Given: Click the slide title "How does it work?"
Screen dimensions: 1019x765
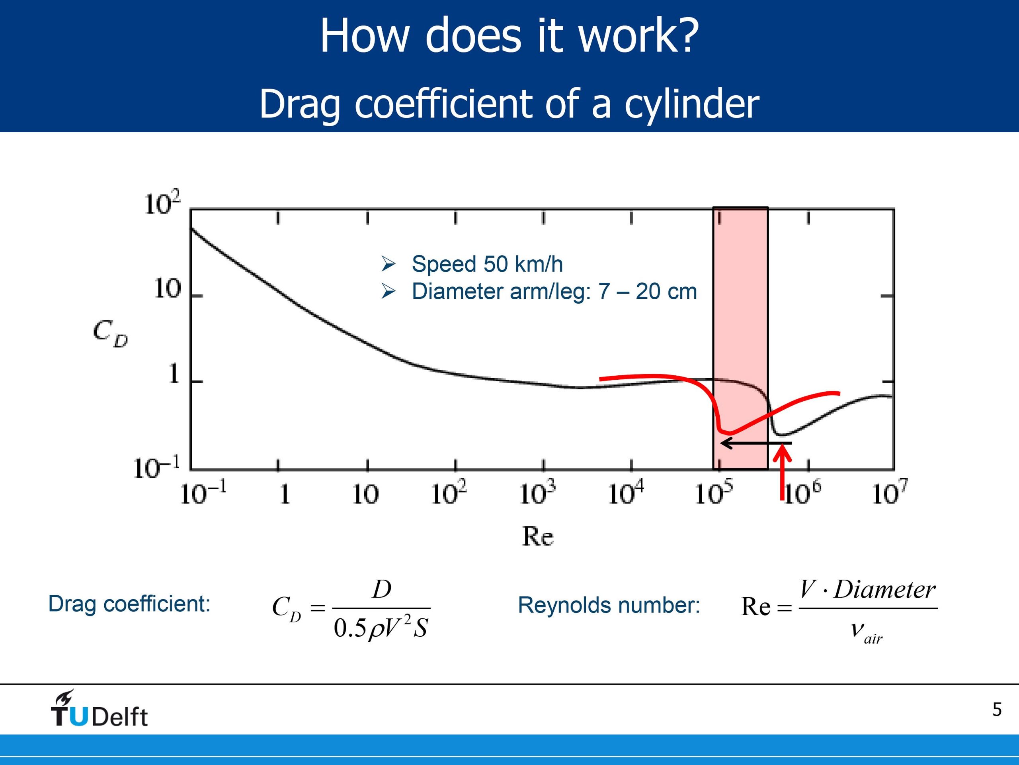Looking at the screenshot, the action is [x=509, y=36].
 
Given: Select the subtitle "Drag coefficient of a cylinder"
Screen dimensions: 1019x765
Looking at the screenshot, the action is [x=509, y=104].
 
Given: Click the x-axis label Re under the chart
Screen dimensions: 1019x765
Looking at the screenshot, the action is [x=538, y=536].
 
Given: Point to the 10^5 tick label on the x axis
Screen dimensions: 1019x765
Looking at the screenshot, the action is [x=714, y=492].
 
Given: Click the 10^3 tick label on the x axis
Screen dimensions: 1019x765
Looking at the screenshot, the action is [x=537, y=492].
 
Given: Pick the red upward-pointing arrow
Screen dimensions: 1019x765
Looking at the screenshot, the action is [x=782, y=472].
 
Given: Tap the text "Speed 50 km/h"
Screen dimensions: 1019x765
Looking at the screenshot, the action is [x=487, y=264].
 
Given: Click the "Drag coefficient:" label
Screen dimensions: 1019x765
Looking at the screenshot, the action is [x=129, y=604].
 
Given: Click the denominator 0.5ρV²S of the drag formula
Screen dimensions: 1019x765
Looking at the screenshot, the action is [x=381, y=628].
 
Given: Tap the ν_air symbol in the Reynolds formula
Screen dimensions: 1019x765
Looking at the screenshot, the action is [x=867, y=630].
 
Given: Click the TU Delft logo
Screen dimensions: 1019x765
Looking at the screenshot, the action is [x=99, y=709].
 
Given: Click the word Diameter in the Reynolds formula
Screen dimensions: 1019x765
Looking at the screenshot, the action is [x=885, y=590].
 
